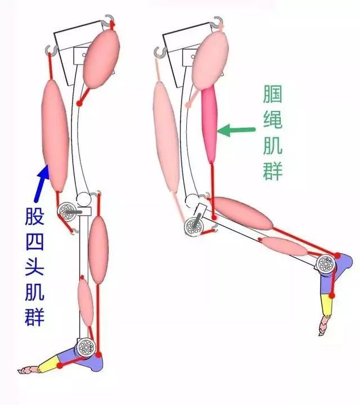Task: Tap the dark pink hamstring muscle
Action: (210, 125)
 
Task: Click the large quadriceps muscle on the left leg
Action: (55, 136)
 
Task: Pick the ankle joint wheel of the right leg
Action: (326, 263)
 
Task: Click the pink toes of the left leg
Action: (28, 371)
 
